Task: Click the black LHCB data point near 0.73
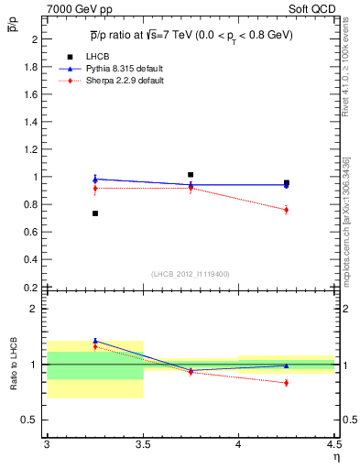tap(94, 213)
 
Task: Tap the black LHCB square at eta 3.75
tap(191, 174)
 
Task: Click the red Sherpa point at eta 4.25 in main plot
tap(286, 210)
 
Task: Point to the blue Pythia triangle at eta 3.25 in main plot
tap(94, 179)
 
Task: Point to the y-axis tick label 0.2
tap(31, 287)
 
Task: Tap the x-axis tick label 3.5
tap(142, 445)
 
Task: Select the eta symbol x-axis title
tap(335, 457)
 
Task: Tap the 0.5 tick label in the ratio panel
tap(31, 420)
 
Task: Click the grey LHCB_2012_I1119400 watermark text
tap(191, 273)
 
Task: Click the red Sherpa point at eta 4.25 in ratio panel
tap(286, 383)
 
